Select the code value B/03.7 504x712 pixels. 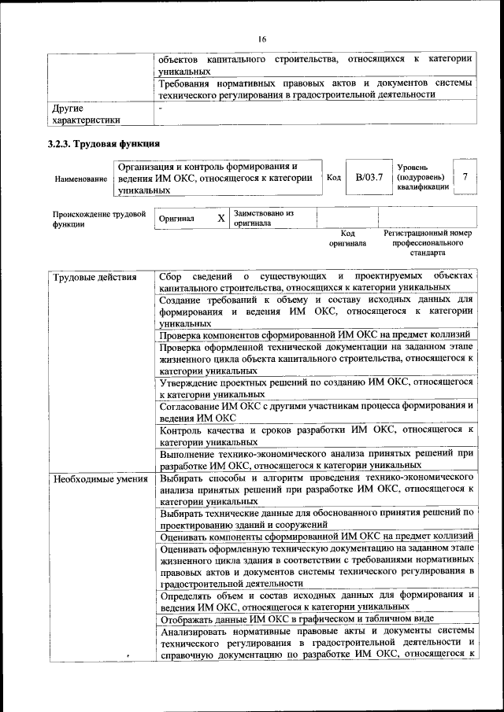pos(369,177)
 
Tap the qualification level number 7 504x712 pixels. pos(466,177)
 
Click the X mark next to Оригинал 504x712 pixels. pos(221,218)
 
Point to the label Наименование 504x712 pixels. pos(81,179)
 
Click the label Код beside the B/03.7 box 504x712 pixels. pos(333,178)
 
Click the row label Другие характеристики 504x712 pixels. pos(86,114)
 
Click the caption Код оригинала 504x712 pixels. pos(348,238)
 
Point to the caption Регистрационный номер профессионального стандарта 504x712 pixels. pos(428,243)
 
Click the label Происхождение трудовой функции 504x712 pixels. pos(99,218)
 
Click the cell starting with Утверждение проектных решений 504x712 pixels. pos(315,387)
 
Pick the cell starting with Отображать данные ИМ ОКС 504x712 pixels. pos(315,620)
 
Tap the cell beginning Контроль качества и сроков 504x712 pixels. pos(315,436)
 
